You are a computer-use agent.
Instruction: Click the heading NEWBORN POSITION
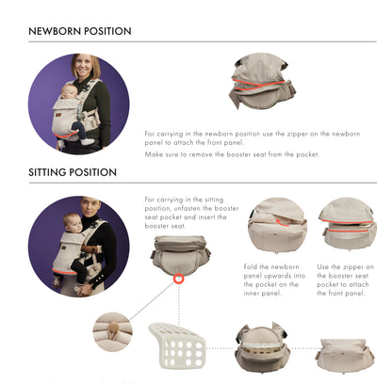coord(79,31)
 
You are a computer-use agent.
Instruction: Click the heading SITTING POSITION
coord(73,172)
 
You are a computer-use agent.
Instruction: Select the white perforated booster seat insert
coord(175,344)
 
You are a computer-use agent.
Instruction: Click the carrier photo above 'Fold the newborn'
coord(277,226)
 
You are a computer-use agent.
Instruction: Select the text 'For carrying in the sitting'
coord(187,200)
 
